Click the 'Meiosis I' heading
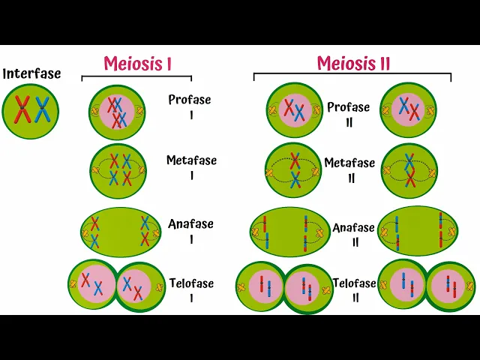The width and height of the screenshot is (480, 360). pos(137,64)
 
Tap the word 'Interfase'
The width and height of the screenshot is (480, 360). pos(31,74)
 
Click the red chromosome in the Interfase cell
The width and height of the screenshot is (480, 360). pos(23,109)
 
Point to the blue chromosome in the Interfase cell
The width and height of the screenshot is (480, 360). pos(42,109)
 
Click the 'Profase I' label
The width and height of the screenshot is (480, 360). pos(189,106)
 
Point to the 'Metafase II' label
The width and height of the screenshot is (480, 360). pos(349,170)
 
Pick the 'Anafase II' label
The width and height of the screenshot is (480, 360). pos(353,233)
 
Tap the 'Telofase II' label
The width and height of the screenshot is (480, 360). pos(355,291)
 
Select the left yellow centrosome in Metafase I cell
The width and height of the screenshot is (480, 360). pos(96,171)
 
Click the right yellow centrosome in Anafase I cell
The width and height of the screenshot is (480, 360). pos(155,233)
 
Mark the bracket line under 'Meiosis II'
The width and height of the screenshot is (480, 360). pos(352,73)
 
